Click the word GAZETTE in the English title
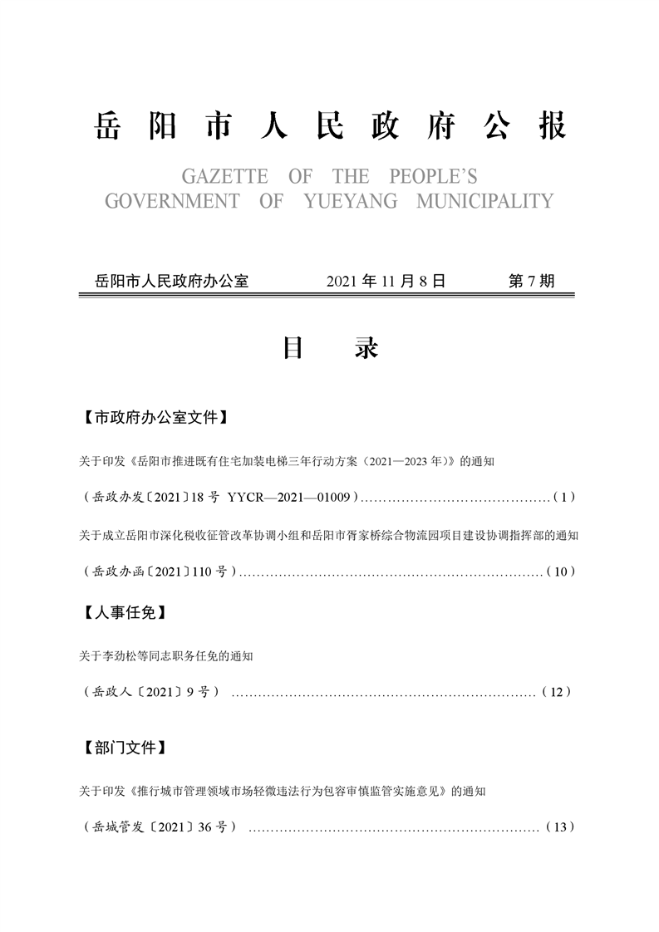[224, 177]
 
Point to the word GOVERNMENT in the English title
[172, 201]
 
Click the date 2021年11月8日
[386, 281]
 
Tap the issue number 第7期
[530, 281]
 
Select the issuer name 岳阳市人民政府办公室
[173, 281]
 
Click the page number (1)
[563, 498]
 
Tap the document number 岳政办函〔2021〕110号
[160, 571]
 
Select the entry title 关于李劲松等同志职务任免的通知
[166, 656]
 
